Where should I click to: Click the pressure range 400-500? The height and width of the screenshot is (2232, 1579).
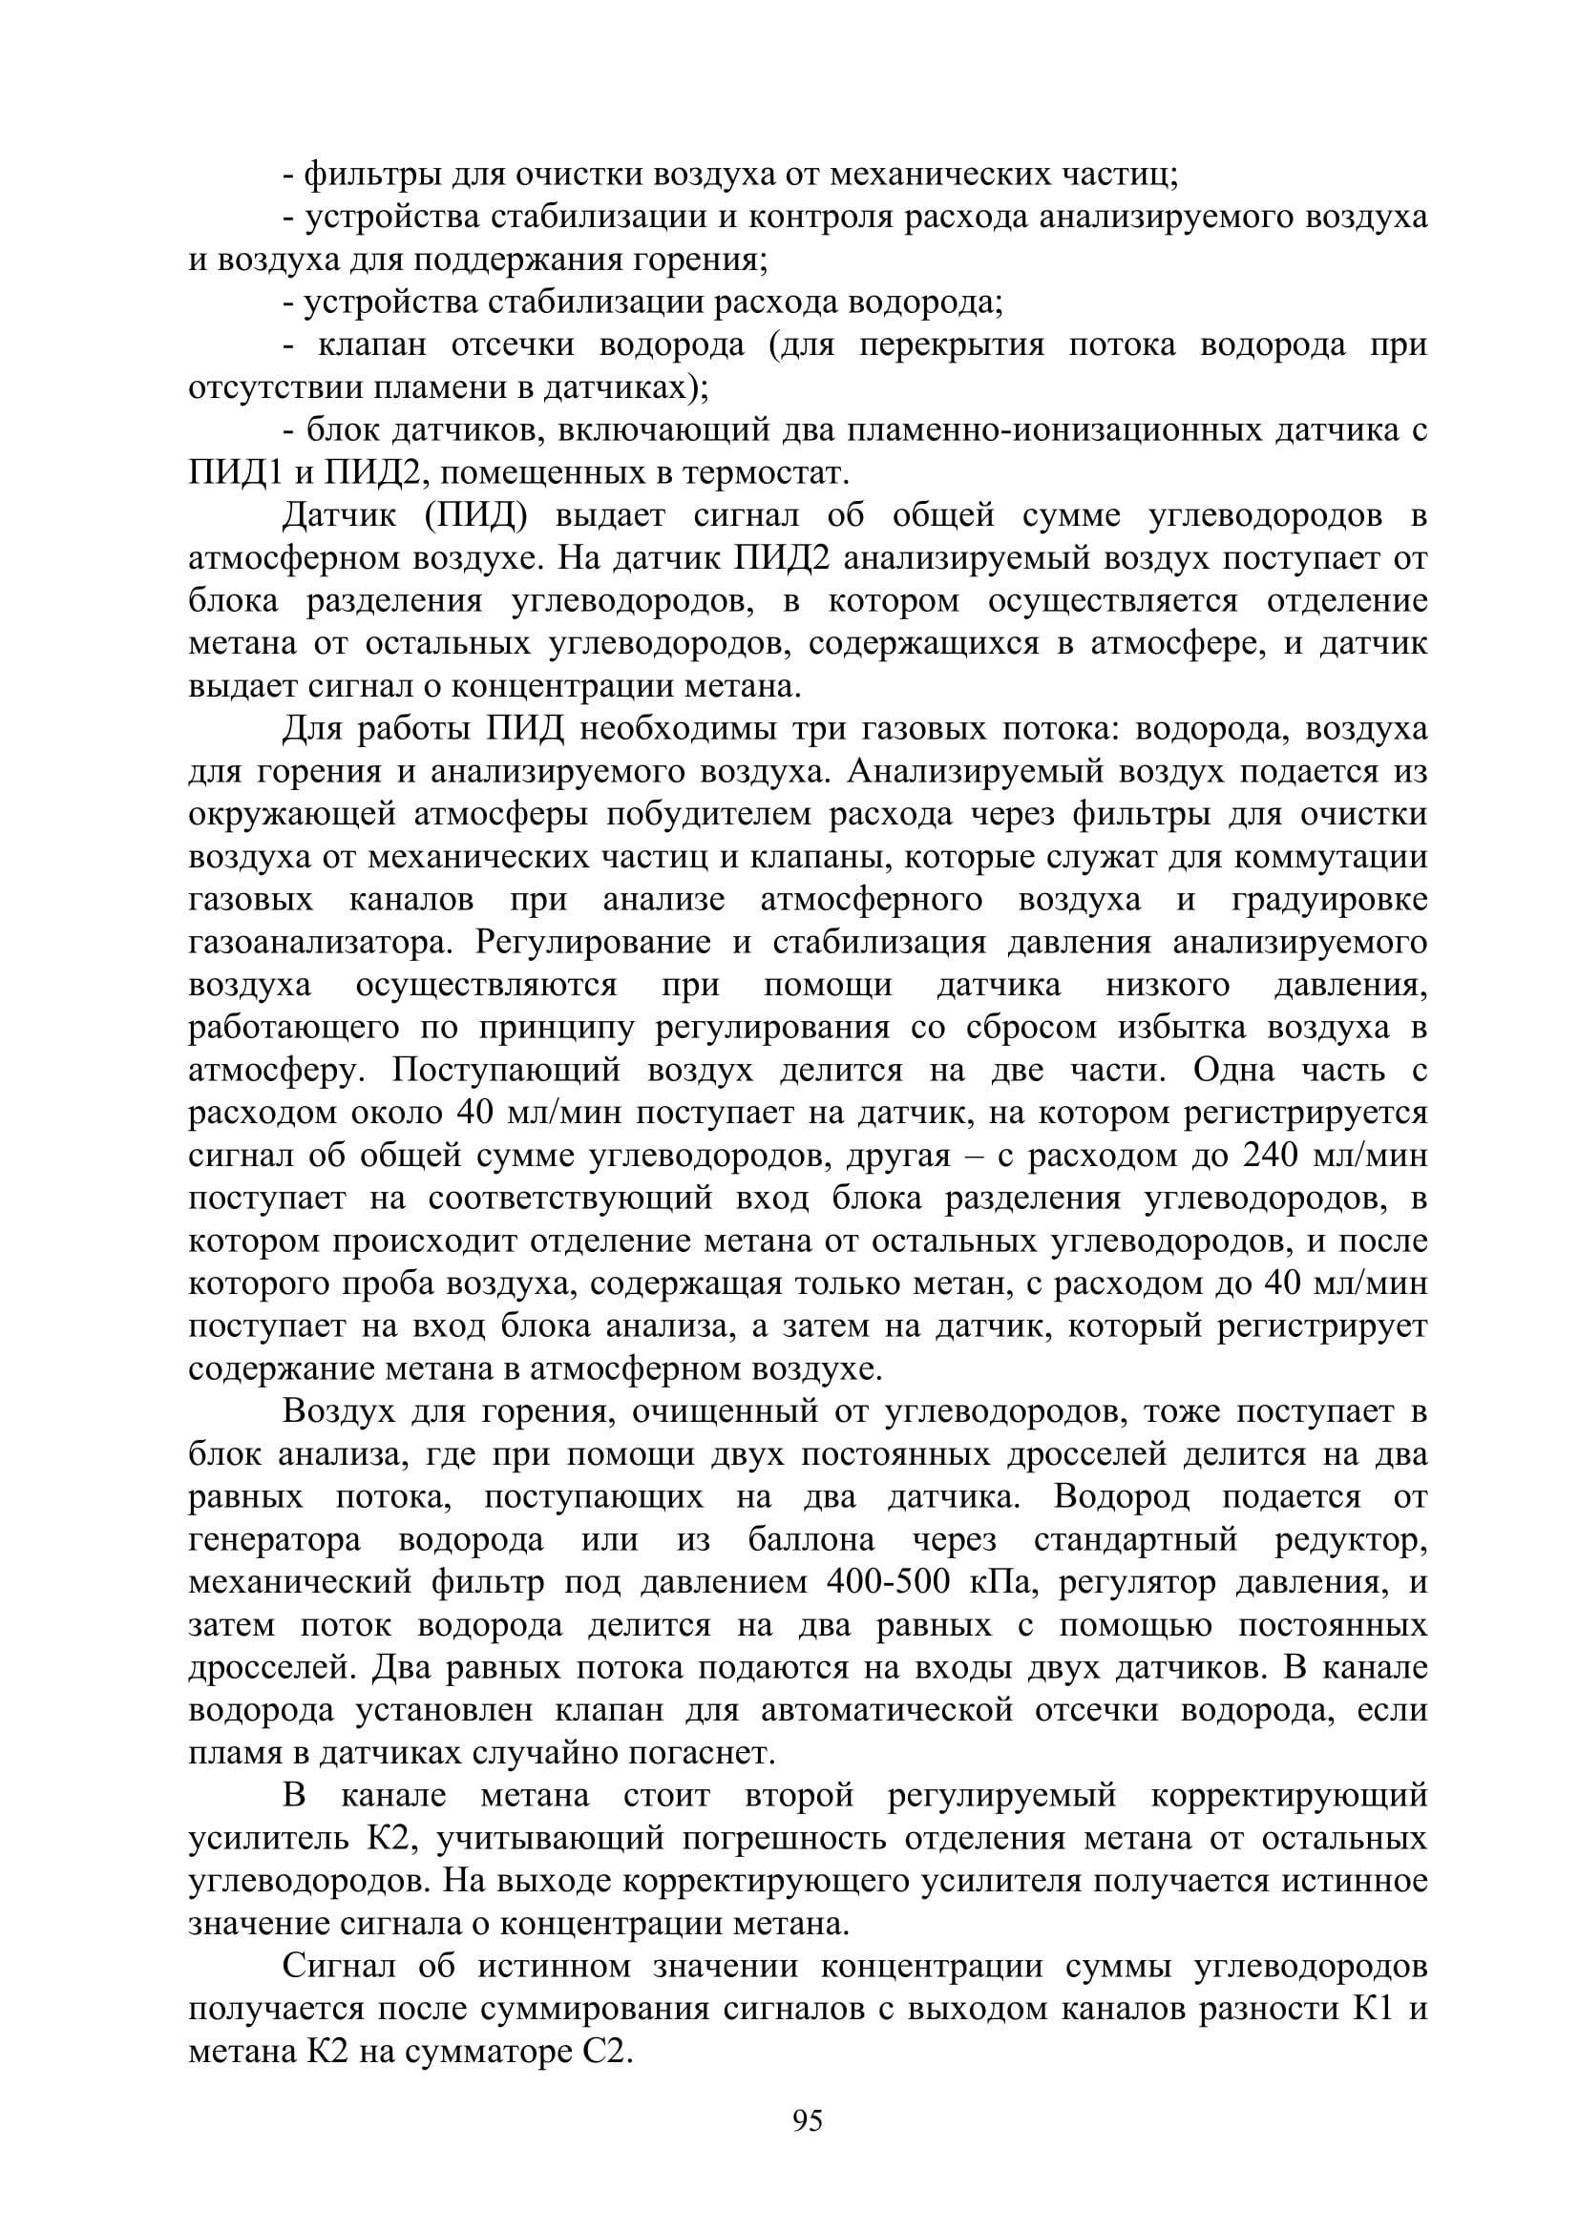coord(894,1582)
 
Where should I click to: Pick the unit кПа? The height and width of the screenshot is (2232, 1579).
coord(1005,1582)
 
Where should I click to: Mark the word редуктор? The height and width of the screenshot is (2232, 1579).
coord(1351,1540)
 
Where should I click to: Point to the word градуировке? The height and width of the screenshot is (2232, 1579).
coord(1329,899)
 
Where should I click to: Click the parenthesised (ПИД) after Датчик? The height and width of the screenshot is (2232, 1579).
coord(475,516)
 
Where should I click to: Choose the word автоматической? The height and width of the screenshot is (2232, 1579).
coord(888,1711)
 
